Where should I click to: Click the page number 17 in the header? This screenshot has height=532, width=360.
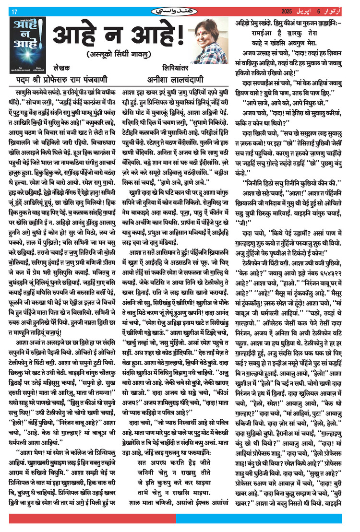[x=14, y=11]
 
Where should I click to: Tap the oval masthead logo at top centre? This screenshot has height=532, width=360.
[x=180, y=11]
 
